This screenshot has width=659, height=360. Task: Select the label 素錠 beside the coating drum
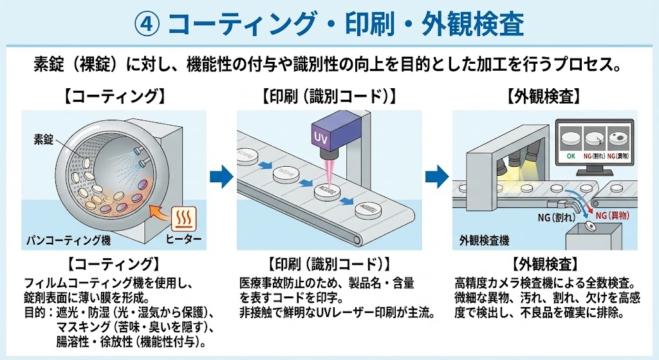pyautogui.click(x=44, y=138)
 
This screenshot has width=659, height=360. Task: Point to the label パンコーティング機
pyautogui.click(x=68, y=240)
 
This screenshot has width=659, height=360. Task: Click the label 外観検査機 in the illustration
pyautogui.click(x=485, y=240)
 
